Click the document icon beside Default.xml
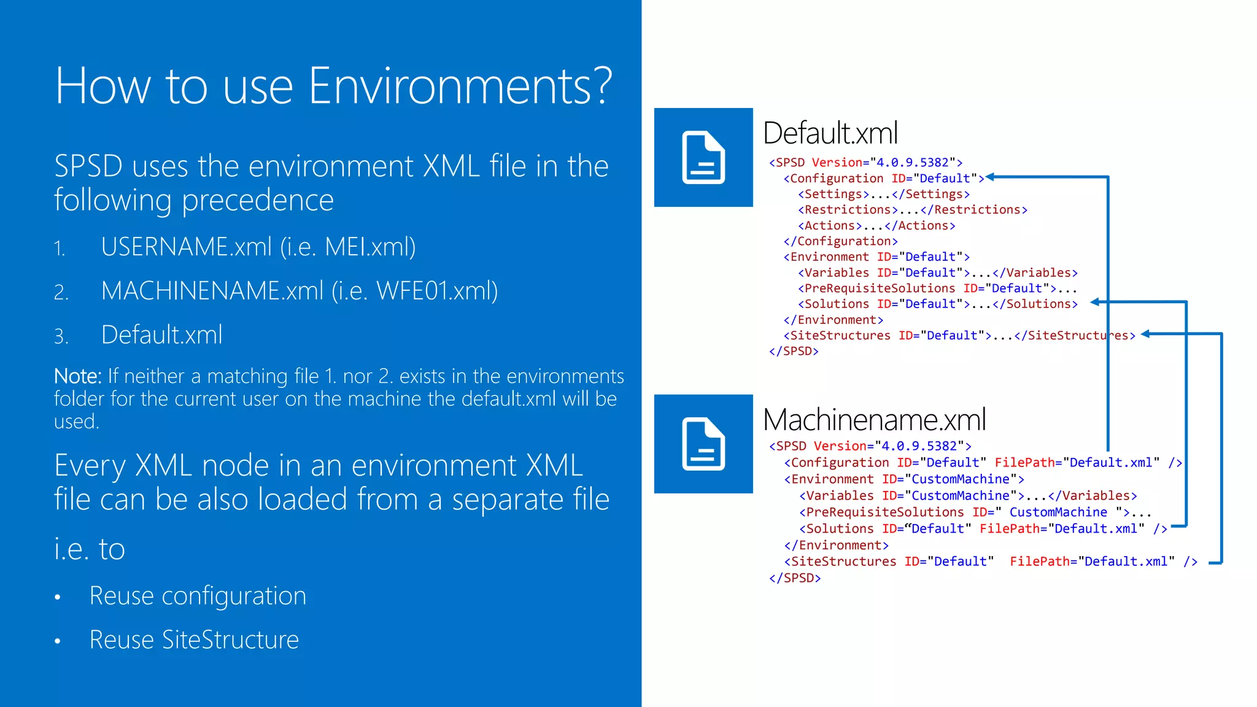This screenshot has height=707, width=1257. click(x=703, y=158)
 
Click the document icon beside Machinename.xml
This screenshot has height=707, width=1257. click(x=703, y=444)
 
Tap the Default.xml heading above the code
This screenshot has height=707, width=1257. click(x=830, y=133)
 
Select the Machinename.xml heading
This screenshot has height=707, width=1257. click(x=874, y=420)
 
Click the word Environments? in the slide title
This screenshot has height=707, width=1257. click(x=460, y=86)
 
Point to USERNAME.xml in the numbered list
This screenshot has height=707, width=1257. click(x=187, y=247)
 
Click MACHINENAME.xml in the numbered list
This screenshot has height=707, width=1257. click(x=212, y=291)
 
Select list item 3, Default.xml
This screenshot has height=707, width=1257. click(x=162, y=335)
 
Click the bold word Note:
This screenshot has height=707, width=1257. click(x=78, y=376)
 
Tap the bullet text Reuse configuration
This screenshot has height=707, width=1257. click(x=198, y=596)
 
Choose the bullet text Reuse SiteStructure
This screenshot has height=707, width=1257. click(x=194, y=640)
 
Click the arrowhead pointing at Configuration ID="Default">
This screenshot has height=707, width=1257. click(x=990, y=177)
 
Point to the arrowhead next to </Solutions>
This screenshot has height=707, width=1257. click(x=1095, y=302)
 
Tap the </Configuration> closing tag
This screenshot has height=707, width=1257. click(x=840, y=242)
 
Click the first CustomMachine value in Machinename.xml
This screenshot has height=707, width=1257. click(x=961, y=479)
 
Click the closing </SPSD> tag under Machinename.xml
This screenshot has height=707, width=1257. click(x=795, y=578)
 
